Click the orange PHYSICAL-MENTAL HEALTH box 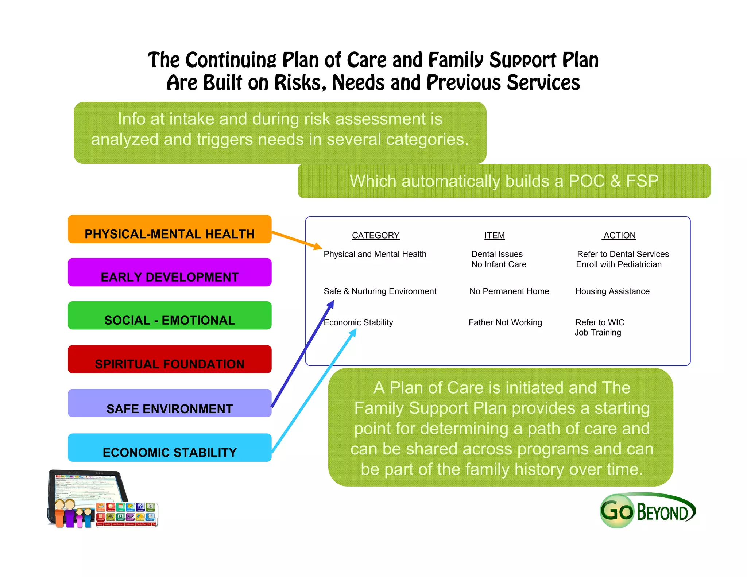[170, 229]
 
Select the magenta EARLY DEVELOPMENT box [170, 272]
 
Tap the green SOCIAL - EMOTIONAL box [170, 315]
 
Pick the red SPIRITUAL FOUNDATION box [170, 359]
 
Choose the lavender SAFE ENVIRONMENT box [170, 403]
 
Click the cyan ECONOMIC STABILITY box [170, 448]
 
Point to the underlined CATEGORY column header [376, 236]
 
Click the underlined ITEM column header [494, 236]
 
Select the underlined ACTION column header [619, 236]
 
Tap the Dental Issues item [497, 254]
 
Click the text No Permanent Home [509, 291]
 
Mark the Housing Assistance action [612, 291]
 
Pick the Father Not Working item [505, 322]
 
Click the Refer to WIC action [600, 322]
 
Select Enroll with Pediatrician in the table [619, 264]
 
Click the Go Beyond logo [648, 511]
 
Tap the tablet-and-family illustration [102, 499]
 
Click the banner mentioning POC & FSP [504, 181]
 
